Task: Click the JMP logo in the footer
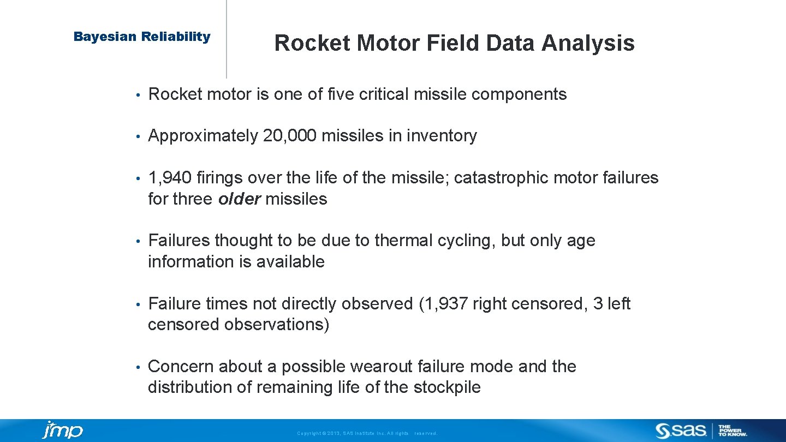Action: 63,430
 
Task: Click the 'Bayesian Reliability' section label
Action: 142,37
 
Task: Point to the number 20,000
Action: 289,136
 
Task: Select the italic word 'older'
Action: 239,199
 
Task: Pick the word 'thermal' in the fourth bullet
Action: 402,241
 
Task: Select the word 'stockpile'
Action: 447,387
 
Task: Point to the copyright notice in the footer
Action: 367,433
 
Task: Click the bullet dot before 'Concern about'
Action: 139,367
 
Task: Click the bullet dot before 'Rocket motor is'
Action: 139,95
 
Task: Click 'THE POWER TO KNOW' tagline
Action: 733,431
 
